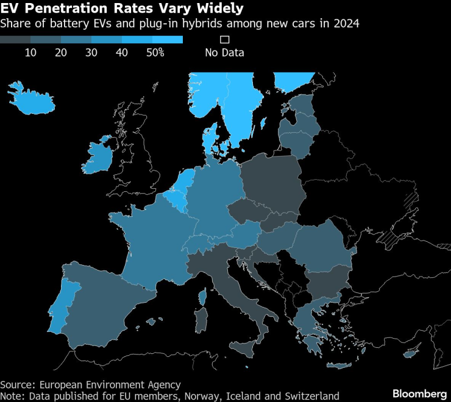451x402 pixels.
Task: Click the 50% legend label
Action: (x=155, y=52)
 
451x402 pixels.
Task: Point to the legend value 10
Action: (x=30, y=52)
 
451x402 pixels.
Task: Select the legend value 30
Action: (x=91, y=52)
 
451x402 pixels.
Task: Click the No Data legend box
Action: (x=224, y=40)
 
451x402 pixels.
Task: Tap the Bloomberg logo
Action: (x=419, y=392)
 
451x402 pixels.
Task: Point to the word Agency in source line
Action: (x=165, y=384)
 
